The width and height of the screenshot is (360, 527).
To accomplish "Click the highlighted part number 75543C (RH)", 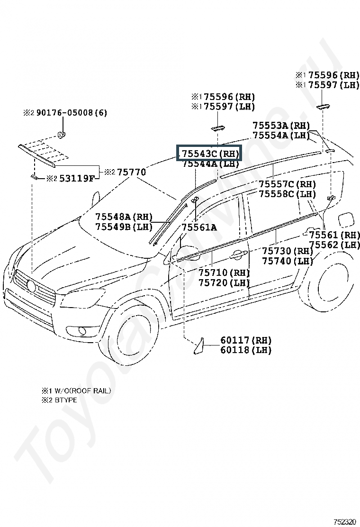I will coord(209,154).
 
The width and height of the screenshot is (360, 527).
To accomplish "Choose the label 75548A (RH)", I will coord(124,217).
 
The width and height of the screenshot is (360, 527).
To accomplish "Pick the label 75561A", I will coord(199,227).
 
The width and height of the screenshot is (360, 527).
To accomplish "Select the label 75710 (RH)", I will coord(224,273).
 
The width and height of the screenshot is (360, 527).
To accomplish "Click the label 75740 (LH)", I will coord(288,261).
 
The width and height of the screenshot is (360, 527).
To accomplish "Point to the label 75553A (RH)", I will coord(281,126).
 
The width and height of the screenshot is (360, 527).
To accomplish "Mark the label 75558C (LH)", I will coord(287,194).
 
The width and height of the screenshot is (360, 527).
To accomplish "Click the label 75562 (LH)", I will coord(334,245).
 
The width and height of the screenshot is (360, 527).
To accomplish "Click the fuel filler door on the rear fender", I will coord(344,220).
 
